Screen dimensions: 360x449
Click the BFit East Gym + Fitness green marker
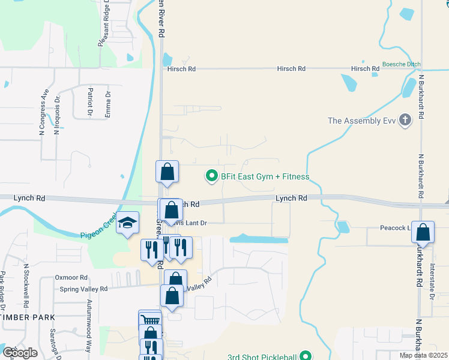tap(211, 176)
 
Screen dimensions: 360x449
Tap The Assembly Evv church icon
tap(406, 121)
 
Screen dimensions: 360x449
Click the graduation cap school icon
tap(127, 223)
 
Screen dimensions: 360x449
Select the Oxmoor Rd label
tap(71, 277)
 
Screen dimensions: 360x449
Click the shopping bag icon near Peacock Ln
tap(423, 232)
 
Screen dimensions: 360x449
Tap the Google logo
tap(20, 352)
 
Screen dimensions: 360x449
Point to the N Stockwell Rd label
tap(26, 283)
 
